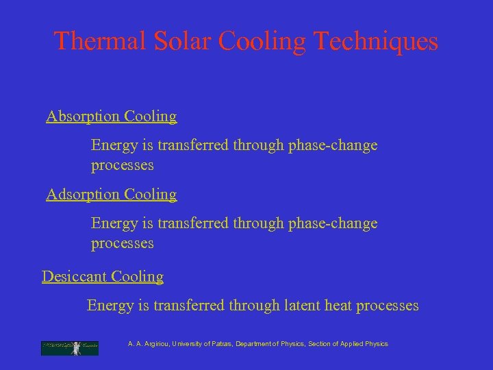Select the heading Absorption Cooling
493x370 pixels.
coord(112,116)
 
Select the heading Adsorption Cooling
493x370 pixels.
coord(112,195)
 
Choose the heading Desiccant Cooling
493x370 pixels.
coord(103,277)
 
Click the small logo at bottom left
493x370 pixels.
coord(70,348)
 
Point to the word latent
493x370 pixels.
coord(306,306)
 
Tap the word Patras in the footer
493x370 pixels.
coord(220,344)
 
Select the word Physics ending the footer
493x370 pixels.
coord(376,344)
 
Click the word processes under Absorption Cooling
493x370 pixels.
coord(123,166)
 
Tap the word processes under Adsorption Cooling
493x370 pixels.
coord(123,244)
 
